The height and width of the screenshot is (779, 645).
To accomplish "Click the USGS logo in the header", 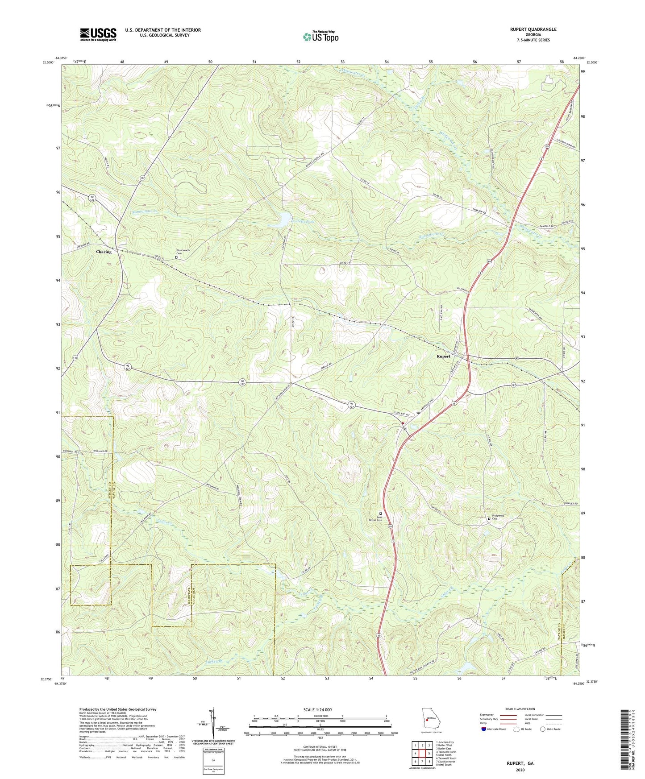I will [x=98, y=34].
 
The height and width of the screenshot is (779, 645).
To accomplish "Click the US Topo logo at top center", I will [x=320, y=37].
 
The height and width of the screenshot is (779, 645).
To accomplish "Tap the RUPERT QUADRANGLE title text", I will [x=533, y=29].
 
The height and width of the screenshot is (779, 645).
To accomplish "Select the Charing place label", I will [x=104, y=252].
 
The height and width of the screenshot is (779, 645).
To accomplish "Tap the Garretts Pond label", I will [x=291, y=221].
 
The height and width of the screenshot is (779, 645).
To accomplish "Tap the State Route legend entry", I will [x=550, y=729].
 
